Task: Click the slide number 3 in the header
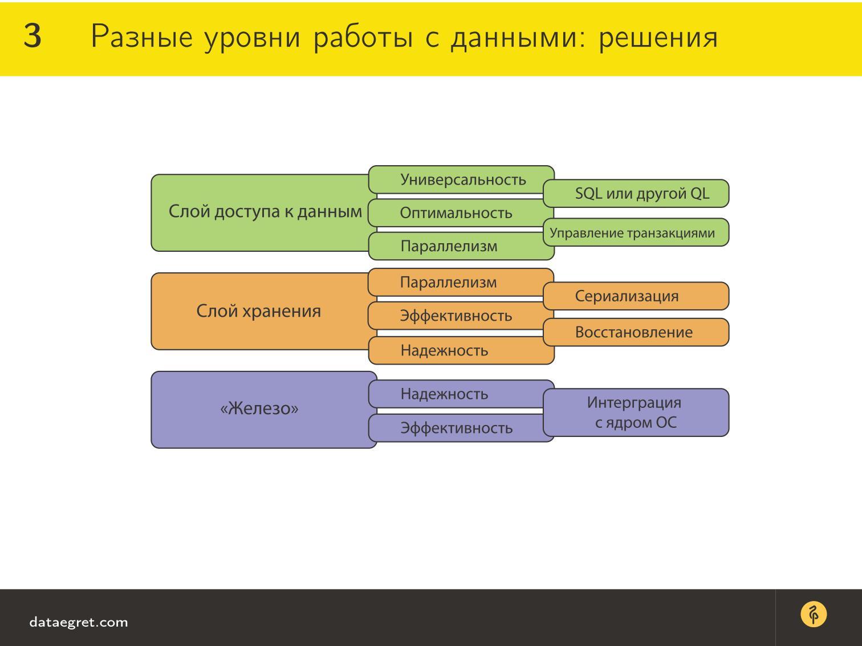click(32, 37)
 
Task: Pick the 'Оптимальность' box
click(456, 213)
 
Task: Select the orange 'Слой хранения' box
click(259, 311)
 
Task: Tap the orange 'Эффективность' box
click(456, 316)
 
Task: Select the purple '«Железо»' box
click(259, 409)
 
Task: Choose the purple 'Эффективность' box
click(456, 428)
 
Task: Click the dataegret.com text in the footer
click(79, 622)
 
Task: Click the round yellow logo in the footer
click(814, 615)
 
